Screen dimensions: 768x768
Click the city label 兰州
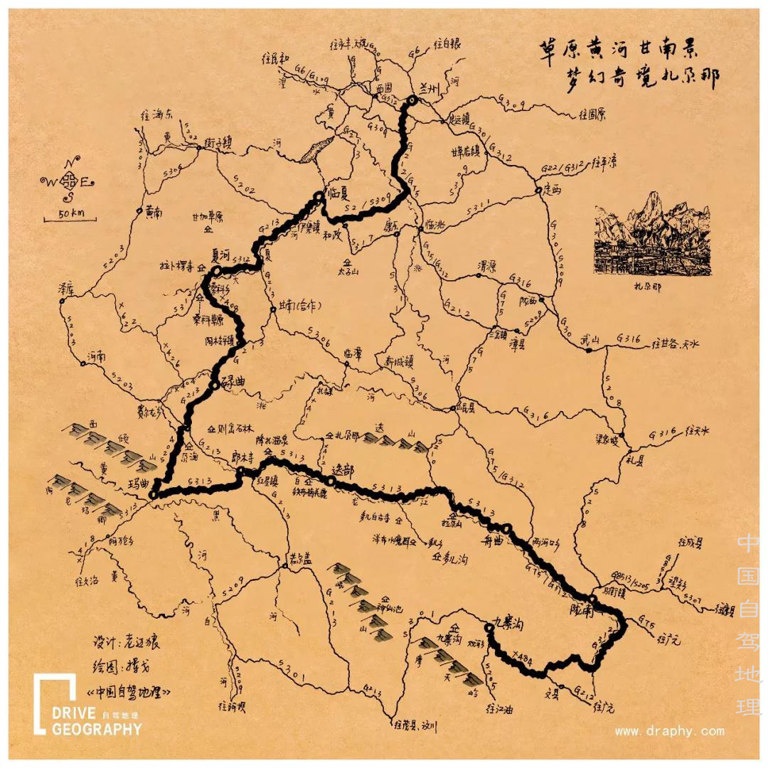tap(432, 87)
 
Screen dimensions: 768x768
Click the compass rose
tap(70, 181)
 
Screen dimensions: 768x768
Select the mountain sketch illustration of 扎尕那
tap(651, 233)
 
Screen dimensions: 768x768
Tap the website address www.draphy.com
tap(669, 731)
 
